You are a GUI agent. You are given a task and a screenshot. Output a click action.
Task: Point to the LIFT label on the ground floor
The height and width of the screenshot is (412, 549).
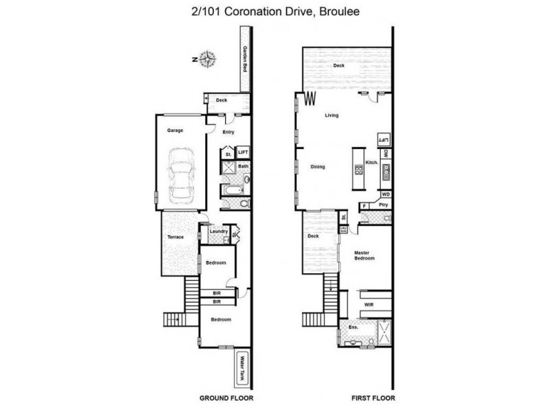[242, 153]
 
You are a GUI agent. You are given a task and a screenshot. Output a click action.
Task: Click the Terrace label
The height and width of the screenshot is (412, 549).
[175, 238]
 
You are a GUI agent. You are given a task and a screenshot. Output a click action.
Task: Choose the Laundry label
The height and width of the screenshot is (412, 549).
[218, 231]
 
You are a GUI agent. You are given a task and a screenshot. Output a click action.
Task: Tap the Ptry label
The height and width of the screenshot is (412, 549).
[384, 205]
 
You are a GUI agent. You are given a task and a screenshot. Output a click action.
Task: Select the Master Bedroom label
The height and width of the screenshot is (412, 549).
[364, 255]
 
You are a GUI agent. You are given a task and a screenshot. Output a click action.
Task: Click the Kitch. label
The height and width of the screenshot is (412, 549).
[371, 162]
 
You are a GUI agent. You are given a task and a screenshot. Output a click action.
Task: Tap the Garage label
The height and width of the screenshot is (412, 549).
[174, 129]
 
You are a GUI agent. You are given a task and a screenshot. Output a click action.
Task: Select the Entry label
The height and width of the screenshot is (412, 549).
[228, 133]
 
